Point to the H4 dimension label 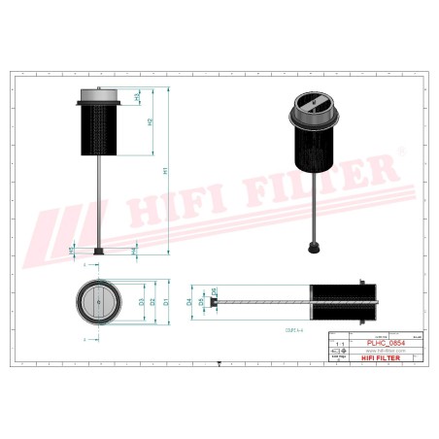[x=133, y=252]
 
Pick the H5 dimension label [x=72, y=251]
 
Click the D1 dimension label [x=166, y=302]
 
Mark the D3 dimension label [x=142, y=302]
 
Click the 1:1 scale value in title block [x=338, y=344]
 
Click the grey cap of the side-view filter [x=101, y=95]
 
